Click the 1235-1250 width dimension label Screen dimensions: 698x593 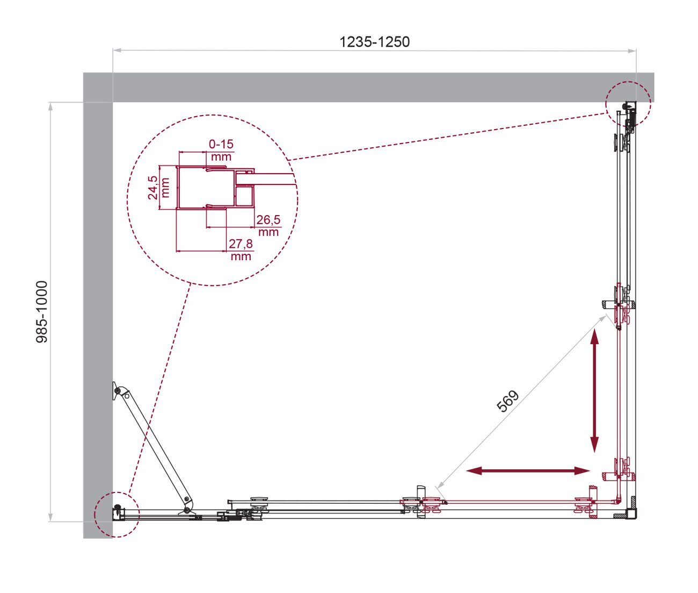(x=374, y=42)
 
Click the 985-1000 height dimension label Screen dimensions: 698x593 (x=42, y=312)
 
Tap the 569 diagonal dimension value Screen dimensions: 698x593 (x=507, y=401)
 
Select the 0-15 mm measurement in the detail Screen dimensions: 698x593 (x=221, y=150)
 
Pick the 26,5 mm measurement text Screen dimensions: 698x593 (x=268, y=225)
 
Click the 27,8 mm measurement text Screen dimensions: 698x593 (x=241, y=249)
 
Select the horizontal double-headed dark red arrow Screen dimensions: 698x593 (x=528, y=470)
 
